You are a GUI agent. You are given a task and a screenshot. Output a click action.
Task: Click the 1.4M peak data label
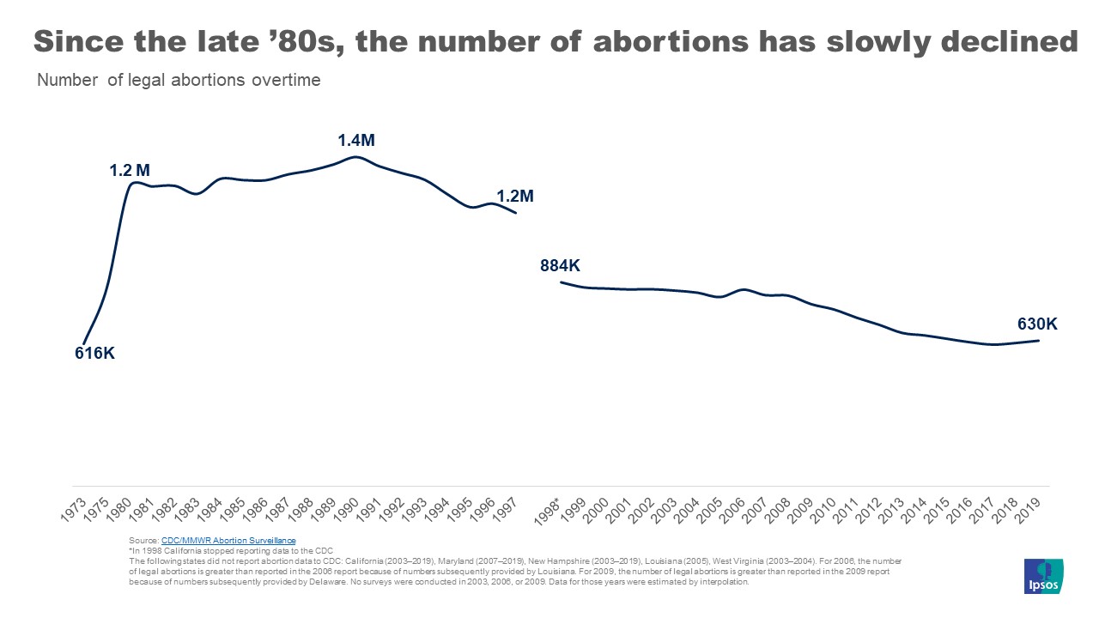coord(355,140)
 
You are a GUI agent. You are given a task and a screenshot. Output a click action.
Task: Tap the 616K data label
coord(94,353)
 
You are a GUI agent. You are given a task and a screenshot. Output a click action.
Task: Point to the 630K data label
coord(1035,324)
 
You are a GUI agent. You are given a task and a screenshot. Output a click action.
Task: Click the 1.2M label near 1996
coord(515,196)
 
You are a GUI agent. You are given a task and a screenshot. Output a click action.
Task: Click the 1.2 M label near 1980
coord(130,170)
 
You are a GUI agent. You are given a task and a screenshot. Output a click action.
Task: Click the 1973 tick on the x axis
coord(74,509)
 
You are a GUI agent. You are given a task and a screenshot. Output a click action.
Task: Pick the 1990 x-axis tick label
coord(347,509)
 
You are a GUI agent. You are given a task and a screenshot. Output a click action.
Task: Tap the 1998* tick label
coord(549,510)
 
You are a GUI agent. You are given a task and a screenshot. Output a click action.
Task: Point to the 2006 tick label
coord(732,509)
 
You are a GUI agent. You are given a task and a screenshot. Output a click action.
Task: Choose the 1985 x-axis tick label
coord(233,509)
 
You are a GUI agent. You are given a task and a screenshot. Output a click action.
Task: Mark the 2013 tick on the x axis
coord(892,509)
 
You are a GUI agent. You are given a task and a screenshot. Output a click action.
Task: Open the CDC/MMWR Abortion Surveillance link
coord(228,541)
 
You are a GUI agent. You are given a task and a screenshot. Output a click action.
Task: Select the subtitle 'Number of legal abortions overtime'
coord(179,81)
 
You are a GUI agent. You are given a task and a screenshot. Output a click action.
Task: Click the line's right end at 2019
coord(1039,341)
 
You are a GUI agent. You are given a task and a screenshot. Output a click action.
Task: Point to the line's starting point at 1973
coord(83,342)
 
